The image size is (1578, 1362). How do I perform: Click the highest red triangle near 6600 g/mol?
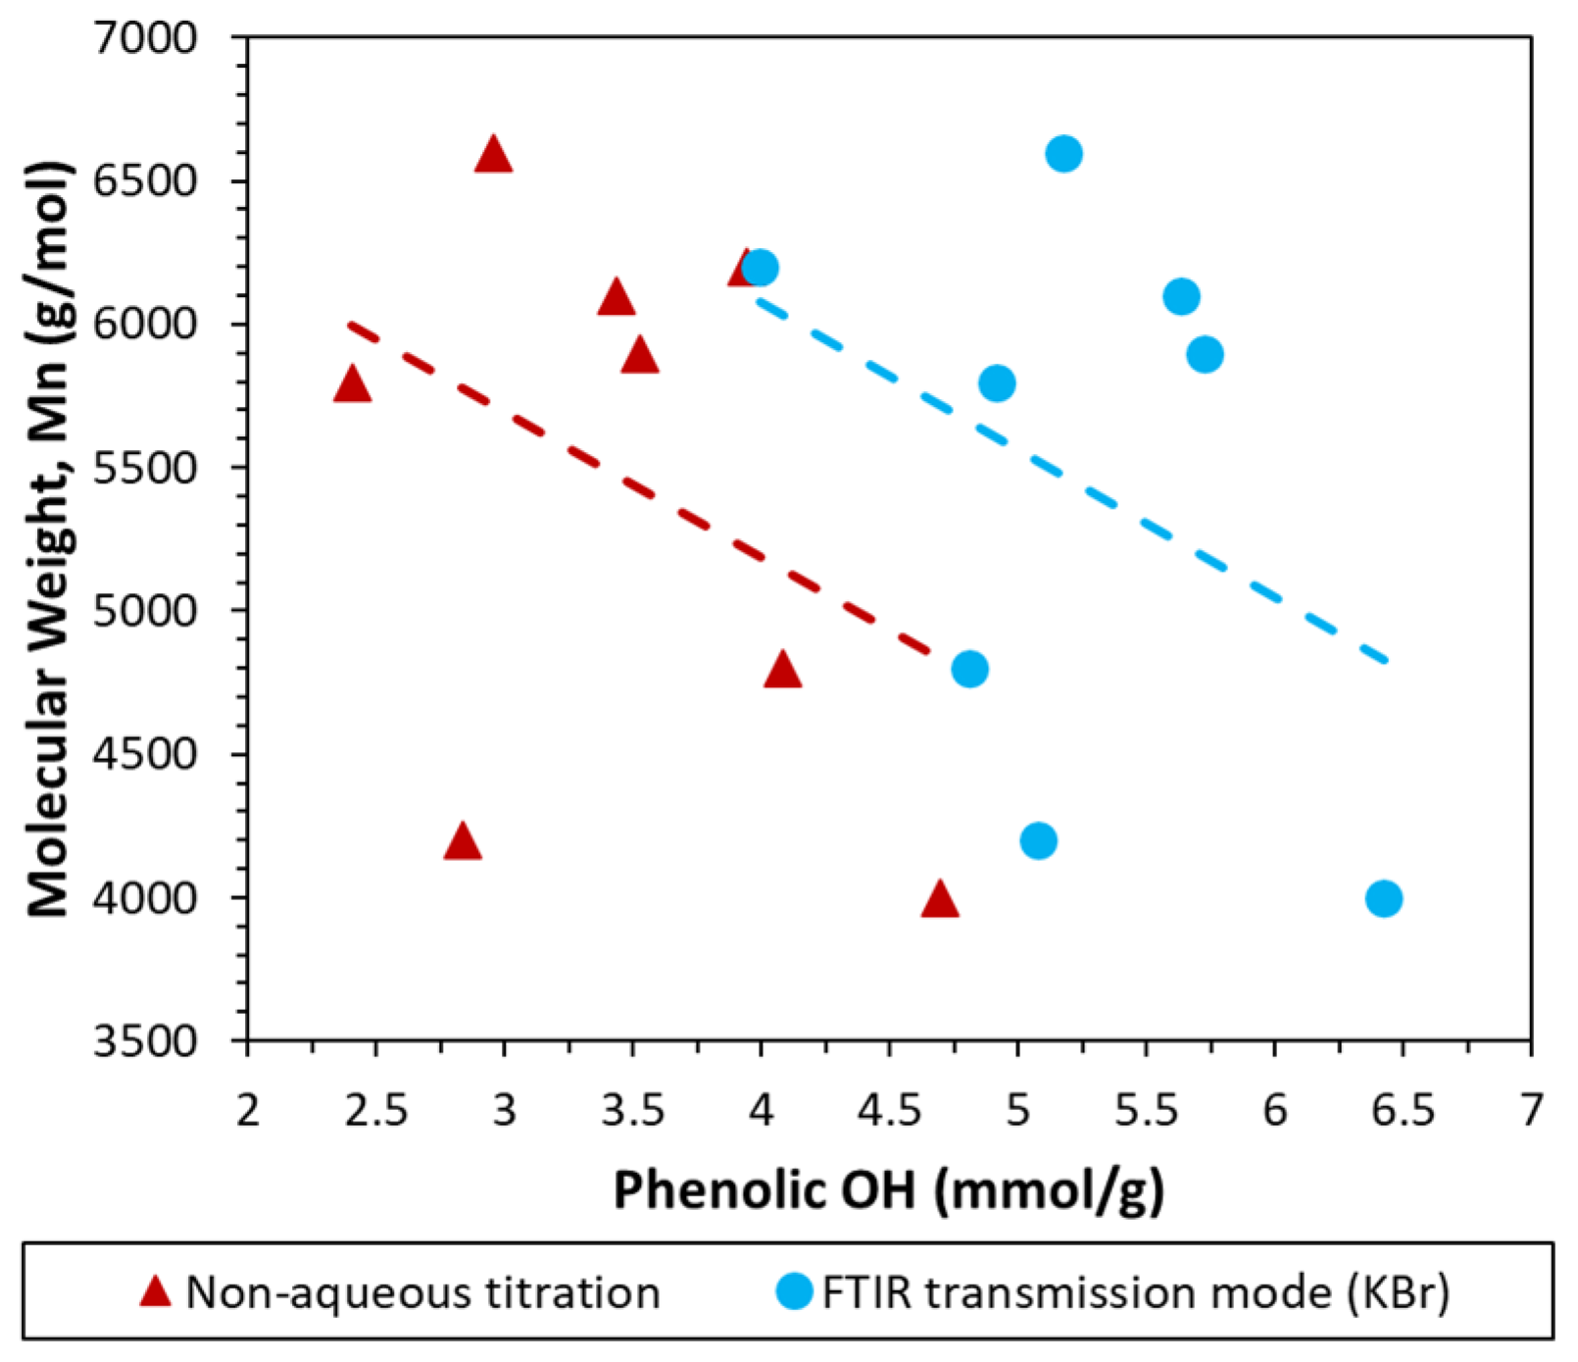[x=493, y=156]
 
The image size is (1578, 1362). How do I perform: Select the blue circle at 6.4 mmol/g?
[x=1383, y=897]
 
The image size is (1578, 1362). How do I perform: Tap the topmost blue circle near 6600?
[x=1063, y=154]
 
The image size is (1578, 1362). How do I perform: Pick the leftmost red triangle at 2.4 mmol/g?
[x=352, y=385]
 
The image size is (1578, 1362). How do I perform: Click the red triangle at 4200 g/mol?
[x=463, y=842]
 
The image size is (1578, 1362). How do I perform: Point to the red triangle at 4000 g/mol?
[x=939, y=899]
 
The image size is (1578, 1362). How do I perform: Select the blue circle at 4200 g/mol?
[x=1038, y=840]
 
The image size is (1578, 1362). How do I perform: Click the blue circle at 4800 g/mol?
[x=969, y=669]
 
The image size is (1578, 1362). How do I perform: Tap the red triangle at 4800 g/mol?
[x=782, y=671]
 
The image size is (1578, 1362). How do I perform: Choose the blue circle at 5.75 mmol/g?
[x=1205, y=354]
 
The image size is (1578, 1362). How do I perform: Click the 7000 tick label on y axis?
[x=145, y=38]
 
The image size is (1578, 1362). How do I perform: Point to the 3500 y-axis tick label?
[x=145, y=1040]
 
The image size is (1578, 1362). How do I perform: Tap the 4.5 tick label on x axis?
[x=890, y=1110]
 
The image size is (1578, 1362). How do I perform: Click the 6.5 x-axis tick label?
[x=1403, y=1110]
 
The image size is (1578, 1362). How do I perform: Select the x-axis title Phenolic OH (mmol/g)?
[x=888, y=1190]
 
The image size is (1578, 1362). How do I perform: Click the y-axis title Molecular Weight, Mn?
[x=49, y=539]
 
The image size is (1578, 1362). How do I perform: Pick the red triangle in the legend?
[x=155, y=1291]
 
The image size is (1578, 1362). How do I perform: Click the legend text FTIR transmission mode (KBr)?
[x=1135, y=1292]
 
